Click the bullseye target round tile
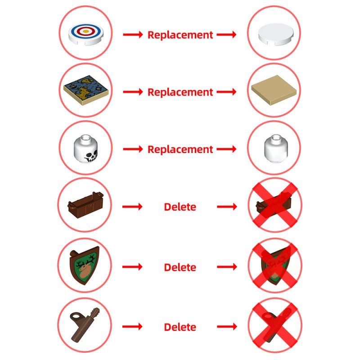click(x=85, y=34)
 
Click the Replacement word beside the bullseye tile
click(x=180, y=35)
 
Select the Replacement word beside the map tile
click(x=180, y=92)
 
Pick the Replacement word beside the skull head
click(x=180, y=149)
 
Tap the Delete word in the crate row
click(x=180, y=207)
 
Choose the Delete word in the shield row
click(x=180, y=267)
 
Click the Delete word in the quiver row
click(x=180, y=327)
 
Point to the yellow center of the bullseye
click(x=85, y=32)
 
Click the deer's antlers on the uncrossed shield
click(x=85, y=260)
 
